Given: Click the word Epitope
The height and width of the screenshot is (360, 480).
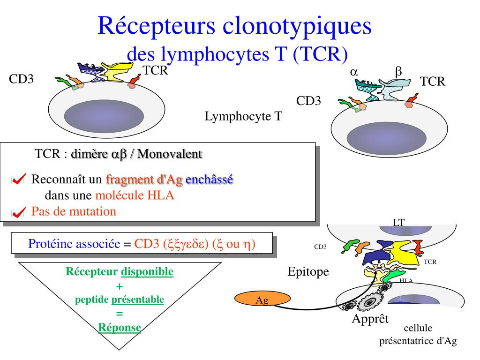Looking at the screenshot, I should point(308,272).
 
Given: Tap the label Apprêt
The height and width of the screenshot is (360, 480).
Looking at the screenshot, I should point(370,319).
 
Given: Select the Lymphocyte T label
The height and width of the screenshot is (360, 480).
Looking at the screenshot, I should point(243,116).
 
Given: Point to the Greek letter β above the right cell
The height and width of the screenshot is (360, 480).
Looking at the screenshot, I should point(398,72).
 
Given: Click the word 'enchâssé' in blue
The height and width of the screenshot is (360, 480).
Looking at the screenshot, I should point(210,180).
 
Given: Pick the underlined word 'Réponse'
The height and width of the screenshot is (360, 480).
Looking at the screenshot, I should point(120,327).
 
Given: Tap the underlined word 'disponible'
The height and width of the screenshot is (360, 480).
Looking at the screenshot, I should point(147,272).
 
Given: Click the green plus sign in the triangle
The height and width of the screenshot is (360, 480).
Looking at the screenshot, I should point(119,286).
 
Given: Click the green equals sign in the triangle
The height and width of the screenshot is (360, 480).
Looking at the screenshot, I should point(119,314).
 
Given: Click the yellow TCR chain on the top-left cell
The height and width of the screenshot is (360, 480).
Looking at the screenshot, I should point(118,73).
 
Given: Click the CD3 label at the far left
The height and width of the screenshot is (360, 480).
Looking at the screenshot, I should point(22,79).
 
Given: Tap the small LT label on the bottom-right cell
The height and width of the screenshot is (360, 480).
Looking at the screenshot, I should point(398,223).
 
